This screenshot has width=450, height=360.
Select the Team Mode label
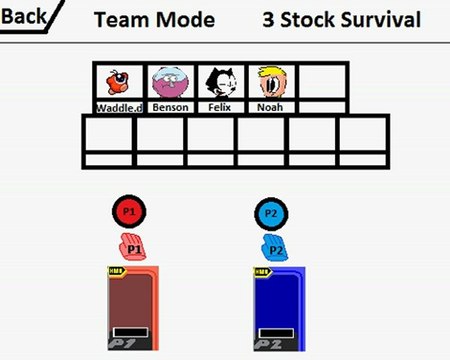pyautogui.click(x=153, y=19)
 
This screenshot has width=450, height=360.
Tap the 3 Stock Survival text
pyautogui.click(x=341, y=19)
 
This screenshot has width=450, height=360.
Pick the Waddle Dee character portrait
pyautogui.click(x=119, y=81)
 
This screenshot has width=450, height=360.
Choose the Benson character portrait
pyautogui.click(x=170, y=81)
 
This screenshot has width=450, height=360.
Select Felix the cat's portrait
pyautogui.click(x=221, y=81)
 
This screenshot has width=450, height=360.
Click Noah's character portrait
pyautogui.click(x=272, y=81)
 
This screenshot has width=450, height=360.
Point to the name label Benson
pyautogui.click(x=170, y=107)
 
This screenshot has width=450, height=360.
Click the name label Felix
pyautogui.click(x=221, y=107)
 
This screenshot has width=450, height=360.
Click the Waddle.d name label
pyautogui.click(x=119, y=107)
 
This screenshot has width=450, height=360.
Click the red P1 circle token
pyautogui.click(x=127, y=212)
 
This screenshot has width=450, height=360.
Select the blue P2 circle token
pyautogui.click(x=271, y=212)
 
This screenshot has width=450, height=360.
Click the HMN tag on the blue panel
pyautogui.click(x=262, y=272)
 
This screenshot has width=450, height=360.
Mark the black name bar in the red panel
pyautogui.click(x=131, y=332)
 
